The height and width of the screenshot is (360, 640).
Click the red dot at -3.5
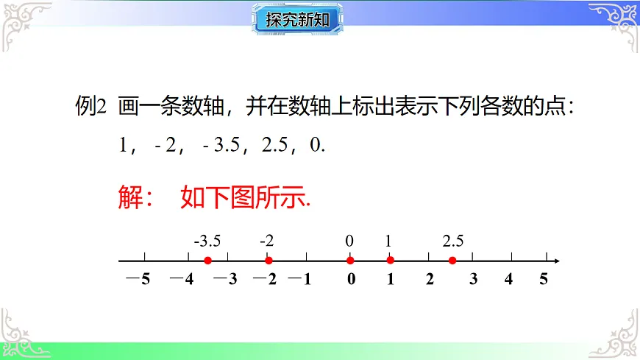point(208,261)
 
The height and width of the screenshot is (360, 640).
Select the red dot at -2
point(269,261)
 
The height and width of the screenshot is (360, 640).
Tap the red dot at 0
point(350,261)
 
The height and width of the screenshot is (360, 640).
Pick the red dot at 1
point(390,261)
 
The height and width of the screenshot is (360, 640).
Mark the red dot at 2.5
point(452,261)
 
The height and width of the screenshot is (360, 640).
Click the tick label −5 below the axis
point(139,279)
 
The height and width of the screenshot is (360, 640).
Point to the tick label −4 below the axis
point(182,279)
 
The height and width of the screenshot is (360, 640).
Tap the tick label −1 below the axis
point(301,279)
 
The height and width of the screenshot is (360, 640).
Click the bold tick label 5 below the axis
point(544,279)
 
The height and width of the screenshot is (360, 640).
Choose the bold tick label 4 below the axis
point(508,279)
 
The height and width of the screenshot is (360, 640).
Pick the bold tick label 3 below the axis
point(474,279)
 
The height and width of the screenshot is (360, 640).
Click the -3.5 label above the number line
point(207,241)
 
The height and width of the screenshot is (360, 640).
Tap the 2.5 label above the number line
point(453,241)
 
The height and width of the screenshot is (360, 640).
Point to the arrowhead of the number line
point(557,261)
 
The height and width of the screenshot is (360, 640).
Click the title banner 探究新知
point(299,18)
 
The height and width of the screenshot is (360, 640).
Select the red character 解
point(130,197)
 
